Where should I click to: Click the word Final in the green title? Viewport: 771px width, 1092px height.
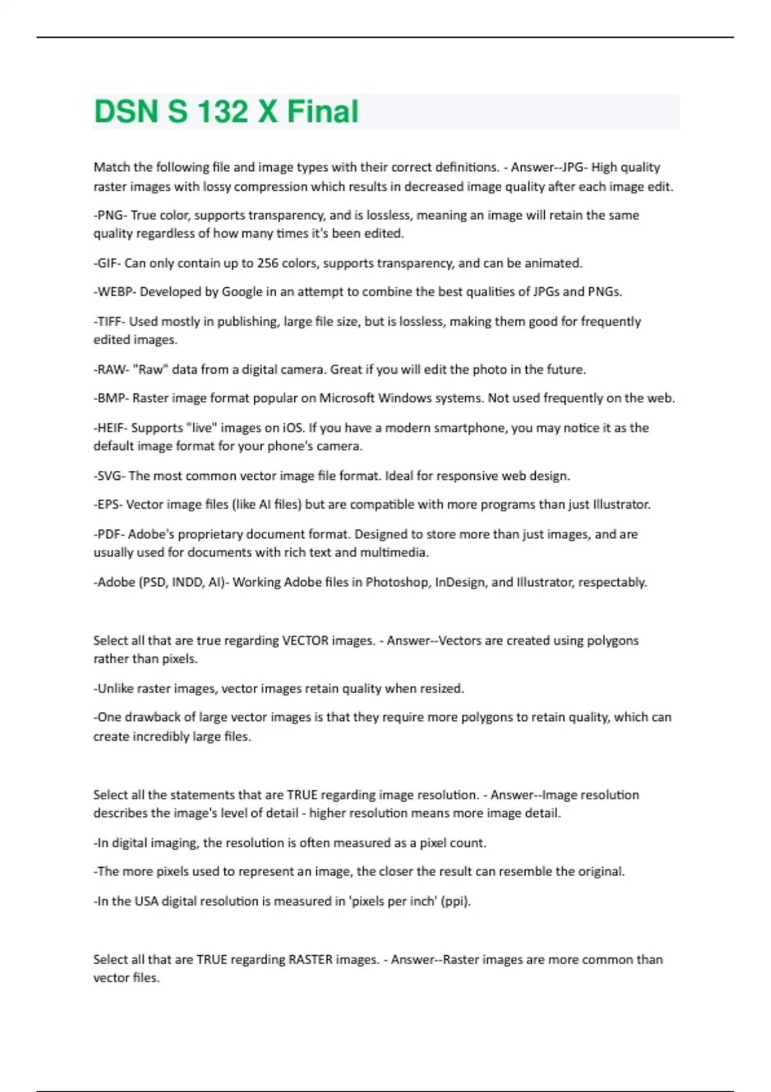click(x=323, y=111)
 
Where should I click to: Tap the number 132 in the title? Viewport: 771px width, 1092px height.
click(x=222, y=111)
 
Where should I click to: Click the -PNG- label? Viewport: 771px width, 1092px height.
click(x=110, y=215)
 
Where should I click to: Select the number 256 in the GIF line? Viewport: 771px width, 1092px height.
click(x=267, y=263)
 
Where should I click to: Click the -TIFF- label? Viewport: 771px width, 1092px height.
click(x=109, y=321)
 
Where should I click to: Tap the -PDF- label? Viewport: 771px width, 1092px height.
click(x=109, y=534)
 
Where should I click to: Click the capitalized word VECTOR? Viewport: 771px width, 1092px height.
click(x=305, y=640)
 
